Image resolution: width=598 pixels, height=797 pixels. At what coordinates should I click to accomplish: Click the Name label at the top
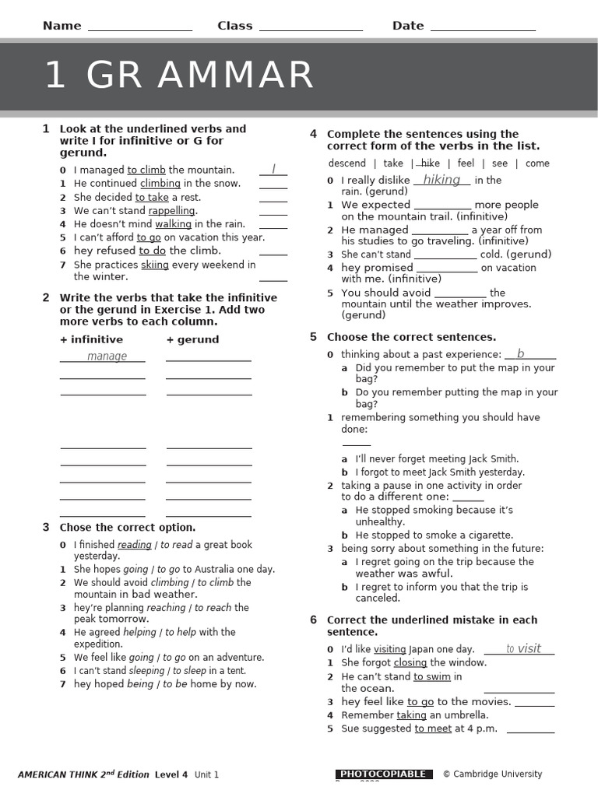(x=62, y=26)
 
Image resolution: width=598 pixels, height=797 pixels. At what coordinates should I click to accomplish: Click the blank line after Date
(x=483, y=29)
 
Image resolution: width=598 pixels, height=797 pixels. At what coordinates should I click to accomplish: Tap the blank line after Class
(x=311, y=29)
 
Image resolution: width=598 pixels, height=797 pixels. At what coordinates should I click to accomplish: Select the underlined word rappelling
(x=172, y=211)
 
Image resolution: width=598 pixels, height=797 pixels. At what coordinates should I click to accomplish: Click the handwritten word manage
(x=107, y=356)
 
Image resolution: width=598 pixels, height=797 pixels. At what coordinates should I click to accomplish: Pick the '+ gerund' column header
(x=192, y=339)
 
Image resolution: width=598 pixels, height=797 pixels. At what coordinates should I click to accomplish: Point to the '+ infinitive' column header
(x=91, y=339)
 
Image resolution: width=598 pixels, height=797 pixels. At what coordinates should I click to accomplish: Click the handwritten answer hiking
(x=441, y=180)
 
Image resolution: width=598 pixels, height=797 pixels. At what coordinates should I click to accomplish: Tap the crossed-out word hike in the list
(x=430, y=163)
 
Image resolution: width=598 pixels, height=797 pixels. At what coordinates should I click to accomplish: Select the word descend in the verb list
(x=346, y=163)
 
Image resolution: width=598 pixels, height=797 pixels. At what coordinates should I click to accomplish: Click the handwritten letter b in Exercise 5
(x=520, y=354)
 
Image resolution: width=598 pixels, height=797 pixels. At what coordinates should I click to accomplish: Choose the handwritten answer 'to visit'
(x=523, y=648)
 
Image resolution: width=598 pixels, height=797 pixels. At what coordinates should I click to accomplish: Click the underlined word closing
(x=410, y=662)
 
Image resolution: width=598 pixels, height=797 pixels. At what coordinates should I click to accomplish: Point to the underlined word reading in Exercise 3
(x=134, y=545)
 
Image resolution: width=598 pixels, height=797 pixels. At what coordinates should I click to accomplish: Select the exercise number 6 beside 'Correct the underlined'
(x=313, y=620)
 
